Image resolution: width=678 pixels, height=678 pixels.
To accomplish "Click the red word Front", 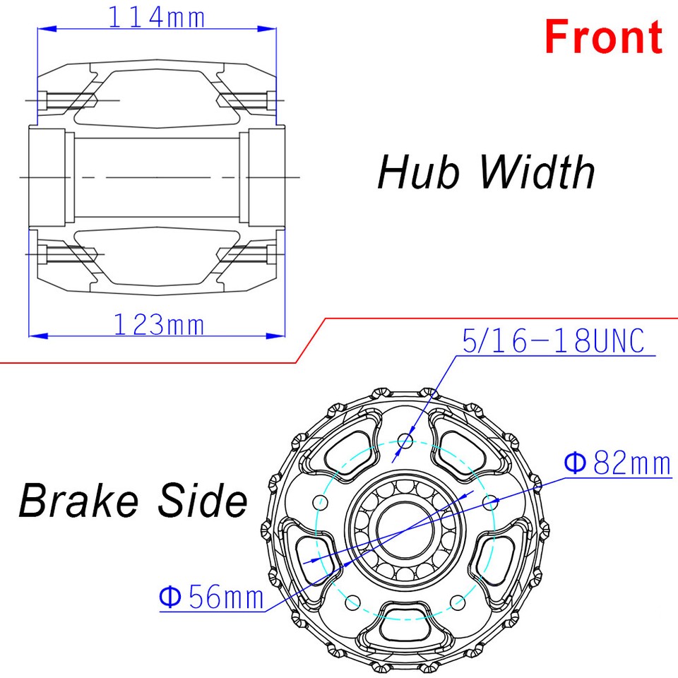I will (604, 37).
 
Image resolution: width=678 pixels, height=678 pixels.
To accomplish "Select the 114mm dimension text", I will (156, 16).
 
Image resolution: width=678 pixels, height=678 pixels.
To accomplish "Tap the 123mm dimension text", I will (159, 325).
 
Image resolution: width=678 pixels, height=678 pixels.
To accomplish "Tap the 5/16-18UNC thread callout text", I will (553, 342).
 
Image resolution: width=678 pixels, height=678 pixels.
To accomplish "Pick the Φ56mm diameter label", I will (211, 597).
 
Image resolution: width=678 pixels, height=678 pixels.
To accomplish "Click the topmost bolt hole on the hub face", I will (405, 441).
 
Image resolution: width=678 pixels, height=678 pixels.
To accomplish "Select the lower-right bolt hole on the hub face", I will (458, 602).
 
